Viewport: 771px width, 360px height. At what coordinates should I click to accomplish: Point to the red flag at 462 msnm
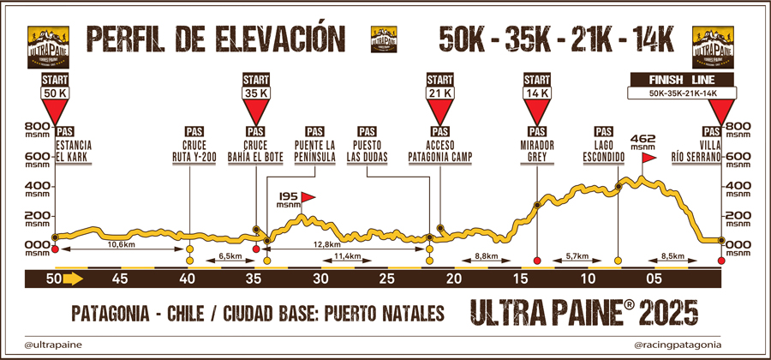pyautogui.click(x=648, y=158)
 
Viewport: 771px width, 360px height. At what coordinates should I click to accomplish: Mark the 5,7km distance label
pyautogui.click(x=577, y=256)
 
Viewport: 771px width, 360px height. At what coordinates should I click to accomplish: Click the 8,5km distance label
pyautogui.click(x=672, y=256)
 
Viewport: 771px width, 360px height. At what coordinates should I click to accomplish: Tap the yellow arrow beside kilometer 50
pyautogui.click(x=72, y=278)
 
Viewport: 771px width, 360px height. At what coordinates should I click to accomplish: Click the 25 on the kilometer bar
pyautogui.click(x=387, y=279)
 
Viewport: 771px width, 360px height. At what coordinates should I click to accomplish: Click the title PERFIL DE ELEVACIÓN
pyautogui.click(x=208, y=38)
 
